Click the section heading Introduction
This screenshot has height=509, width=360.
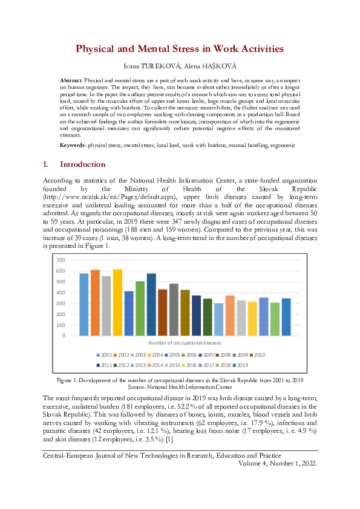click(x=82, y=164)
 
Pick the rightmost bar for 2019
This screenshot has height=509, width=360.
click(x=286, y=316)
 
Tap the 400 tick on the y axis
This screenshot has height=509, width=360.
click(x=60, y=293)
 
